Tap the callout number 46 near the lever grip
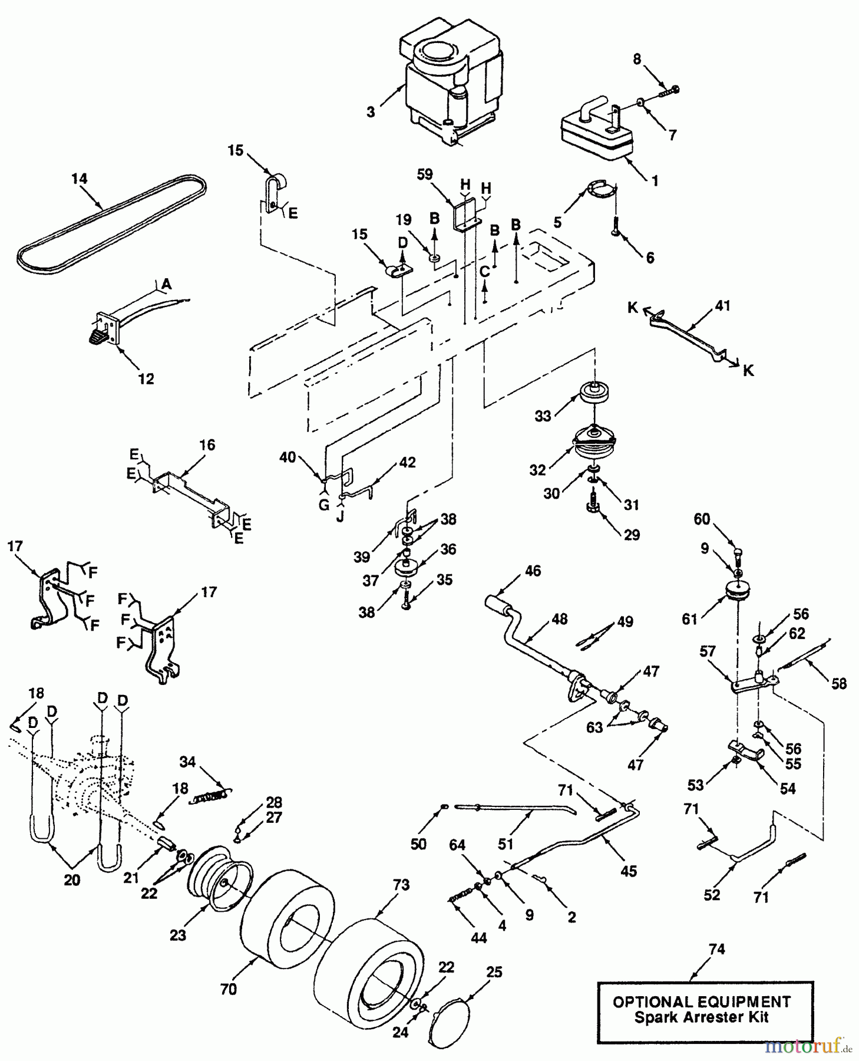pyautogui.click(x=532, y=571)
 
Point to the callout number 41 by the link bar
pyautogui.click(x=722, y=305)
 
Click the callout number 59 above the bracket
pyautogui.click(x=424, y=174)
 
